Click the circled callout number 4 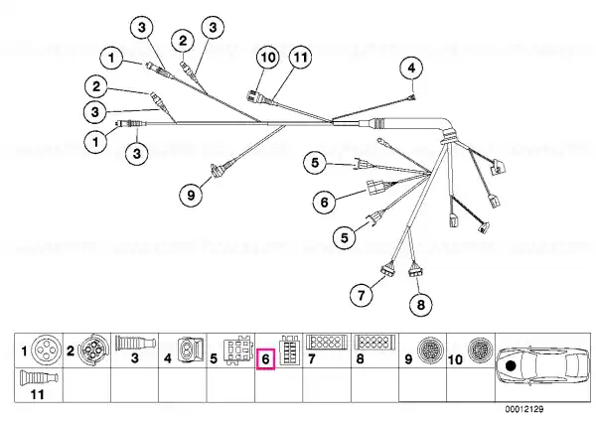point(411,69)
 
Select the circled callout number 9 point(191,196)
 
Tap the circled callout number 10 point(268,58)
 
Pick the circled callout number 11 point(300,58)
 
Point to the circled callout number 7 point(362,295)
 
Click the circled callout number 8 point(421,305)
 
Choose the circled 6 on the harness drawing point(324,202)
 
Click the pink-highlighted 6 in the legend point(265,358)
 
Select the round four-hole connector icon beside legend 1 point(46,350)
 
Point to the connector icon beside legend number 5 point(238,350)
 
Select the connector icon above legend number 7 point(326,342)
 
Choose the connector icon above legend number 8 point(374,342)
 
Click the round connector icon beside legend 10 point(480,350)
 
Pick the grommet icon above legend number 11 point(39,377)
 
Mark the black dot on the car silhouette point(511,366)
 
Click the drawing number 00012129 point(524,409)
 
